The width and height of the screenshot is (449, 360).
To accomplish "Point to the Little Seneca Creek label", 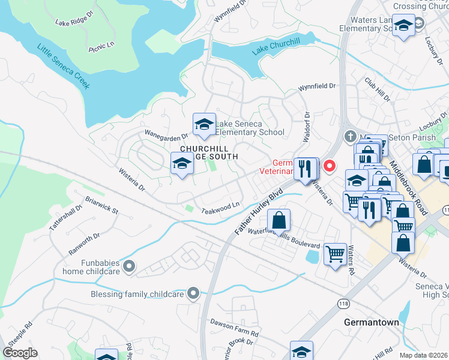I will (x=63, y=66).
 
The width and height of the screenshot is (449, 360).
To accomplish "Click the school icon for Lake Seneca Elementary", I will (x=204, y=124).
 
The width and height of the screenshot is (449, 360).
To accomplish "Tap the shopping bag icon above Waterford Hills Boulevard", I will (x=279, y=220).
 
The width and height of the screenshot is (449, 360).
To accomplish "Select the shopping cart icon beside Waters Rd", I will (x=335, y=253).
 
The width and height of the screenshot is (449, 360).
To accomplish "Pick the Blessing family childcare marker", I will (x=193, y=293).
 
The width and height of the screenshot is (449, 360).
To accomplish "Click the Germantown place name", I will (x=371, y=322).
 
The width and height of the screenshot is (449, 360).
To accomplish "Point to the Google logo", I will (x=20, y=353).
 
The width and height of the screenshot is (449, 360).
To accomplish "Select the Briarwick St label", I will (x=101, y=206).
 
